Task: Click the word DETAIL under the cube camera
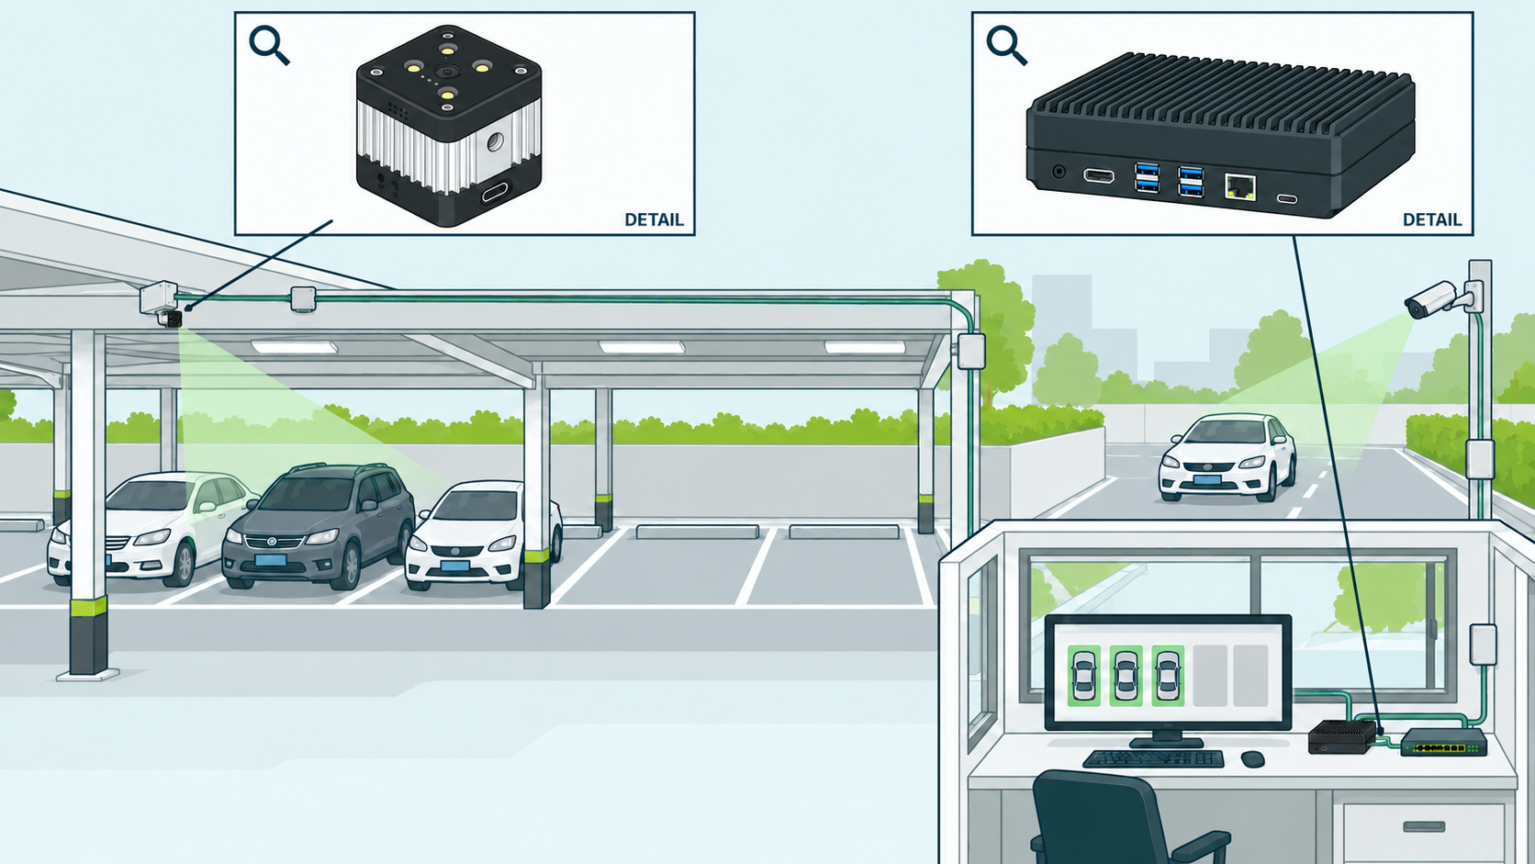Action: coord(654,220)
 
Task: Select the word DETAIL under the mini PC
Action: coord(1432,220)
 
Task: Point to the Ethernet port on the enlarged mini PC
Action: coord(1240,186)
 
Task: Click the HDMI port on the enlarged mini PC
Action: coord(1099,176)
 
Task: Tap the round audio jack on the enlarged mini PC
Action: coord(1059,172)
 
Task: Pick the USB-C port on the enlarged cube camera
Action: coord(496,191)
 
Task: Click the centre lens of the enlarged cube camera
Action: coord(447,72)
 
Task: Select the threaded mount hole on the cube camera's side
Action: coord(495,142)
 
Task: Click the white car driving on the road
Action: coord(1227,457)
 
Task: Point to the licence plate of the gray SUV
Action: coord(271,560)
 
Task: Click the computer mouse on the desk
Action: coord(1252,759)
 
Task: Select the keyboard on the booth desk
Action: coord(1153,758)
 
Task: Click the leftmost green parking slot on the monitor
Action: coord(1083,676)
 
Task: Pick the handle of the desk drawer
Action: coord(1424,827)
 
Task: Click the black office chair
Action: coord(1110,819)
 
